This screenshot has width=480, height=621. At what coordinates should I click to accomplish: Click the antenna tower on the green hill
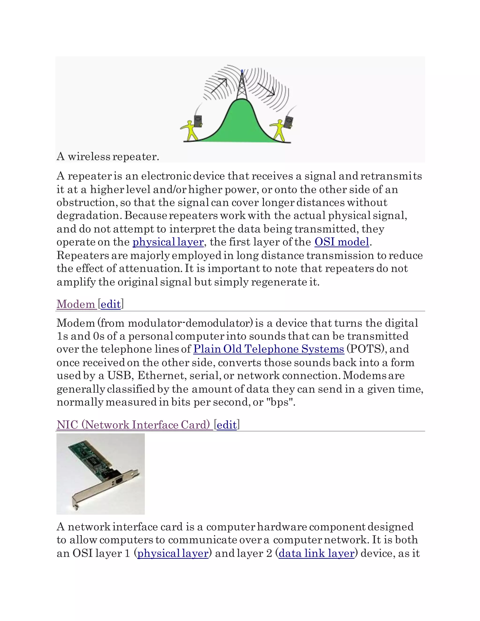(241, 85)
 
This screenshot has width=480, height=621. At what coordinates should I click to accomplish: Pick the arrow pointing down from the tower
(266, 89)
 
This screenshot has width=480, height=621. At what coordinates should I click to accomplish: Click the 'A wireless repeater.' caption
(108, 156)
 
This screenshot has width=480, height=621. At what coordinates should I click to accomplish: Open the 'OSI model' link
(341, 242)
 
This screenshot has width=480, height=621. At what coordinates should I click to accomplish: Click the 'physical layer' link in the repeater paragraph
(168, 242)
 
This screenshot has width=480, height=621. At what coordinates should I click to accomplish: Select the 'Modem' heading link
(76, 304)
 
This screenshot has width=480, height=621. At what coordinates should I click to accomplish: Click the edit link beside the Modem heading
(111, 304)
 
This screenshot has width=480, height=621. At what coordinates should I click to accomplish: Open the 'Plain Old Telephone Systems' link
(268, 349)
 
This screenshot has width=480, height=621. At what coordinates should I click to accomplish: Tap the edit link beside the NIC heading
(226, 425)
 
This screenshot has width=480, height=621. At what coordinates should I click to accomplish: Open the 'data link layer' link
(316, 553)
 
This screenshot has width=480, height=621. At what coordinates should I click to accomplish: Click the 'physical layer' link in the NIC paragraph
(172, 553)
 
